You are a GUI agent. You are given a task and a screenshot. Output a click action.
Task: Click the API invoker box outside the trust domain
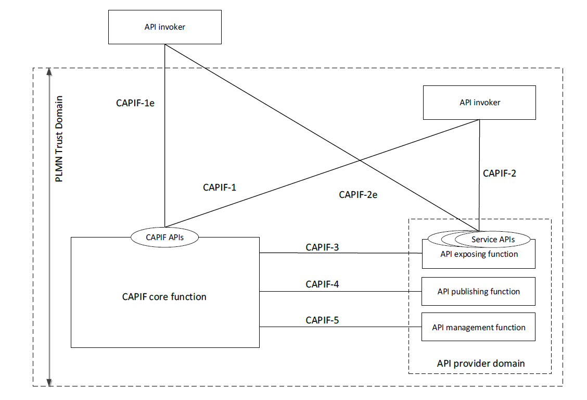[x=164, y=27]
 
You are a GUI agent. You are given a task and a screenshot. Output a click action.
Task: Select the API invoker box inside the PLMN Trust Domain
[x=479, y=103]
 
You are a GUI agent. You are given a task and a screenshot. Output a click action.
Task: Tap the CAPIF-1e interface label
[x=135, y=103]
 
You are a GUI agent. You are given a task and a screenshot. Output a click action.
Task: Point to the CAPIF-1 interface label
[x=220, y=187]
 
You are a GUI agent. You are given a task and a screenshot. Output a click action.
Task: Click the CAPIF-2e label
[x=358, y=195]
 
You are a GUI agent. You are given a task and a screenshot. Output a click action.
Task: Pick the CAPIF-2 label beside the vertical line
[x=499, y=173]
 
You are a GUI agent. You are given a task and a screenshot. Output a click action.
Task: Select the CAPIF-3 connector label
[x=322, y=247]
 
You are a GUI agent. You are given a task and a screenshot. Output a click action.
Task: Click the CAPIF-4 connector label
[x=322, y=284]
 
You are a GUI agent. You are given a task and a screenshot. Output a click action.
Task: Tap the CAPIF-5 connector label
[x=322, y=320]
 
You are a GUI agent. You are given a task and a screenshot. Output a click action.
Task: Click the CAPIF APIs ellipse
[x=164, y=238]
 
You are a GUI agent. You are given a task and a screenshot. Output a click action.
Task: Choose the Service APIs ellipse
[x=492, y=240]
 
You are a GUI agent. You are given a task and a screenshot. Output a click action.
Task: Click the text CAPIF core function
[x=164, y=297]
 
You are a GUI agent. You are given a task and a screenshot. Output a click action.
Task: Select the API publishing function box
[x=478, y=292]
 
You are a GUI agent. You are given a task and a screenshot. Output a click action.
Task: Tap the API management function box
[x=478, y=327]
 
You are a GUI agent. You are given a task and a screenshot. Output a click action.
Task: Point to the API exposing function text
[x=479, y=254]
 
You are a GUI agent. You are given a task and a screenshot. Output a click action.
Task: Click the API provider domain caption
[x=480, y=363]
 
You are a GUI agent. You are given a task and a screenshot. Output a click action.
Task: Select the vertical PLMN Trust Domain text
[x=59, y=138]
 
